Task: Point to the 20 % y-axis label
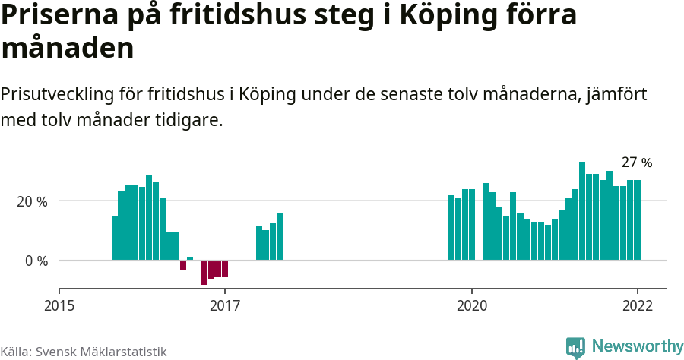point(33,201)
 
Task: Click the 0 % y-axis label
point(36,261)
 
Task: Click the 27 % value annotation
point(637,163)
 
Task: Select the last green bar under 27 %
point(638,220)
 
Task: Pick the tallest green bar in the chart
point(582,211)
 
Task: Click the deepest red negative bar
point(204,273)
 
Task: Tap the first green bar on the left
point(115,238)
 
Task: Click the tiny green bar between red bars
point(190,258)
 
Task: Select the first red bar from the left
point(183,265)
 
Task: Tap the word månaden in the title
point(68,48)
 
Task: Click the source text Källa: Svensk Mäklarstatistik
point(84,352)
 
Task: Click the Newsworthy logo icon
point(575,347)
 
